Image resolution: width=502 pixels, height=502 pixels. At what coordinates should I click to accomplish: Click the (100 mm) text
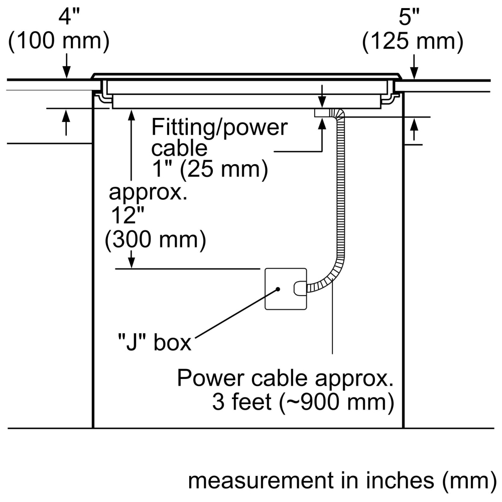click(59, 42)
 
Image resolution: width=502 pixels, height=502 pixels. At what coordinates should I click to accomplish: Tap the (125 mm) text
click(413, 42)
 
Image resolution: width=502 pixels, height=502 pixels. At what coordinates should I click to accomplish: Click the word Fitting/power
click(220, 128)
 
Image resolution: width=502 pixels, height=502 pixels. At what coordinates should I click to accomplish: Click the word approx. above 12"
click(149, 192)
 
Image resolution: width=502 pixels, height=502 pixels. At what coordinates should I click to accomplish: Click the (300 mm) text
click(156, 241)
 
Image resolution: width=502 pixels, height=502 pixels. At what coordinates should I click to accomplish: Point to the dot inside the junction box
click(277, 289)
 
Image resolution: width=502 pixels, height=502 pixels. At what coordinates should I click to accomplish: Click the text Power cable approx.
click(284, 378)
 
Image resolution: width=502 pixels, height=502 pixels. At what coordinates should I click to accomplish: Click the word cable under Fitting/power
click(179, 149)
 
